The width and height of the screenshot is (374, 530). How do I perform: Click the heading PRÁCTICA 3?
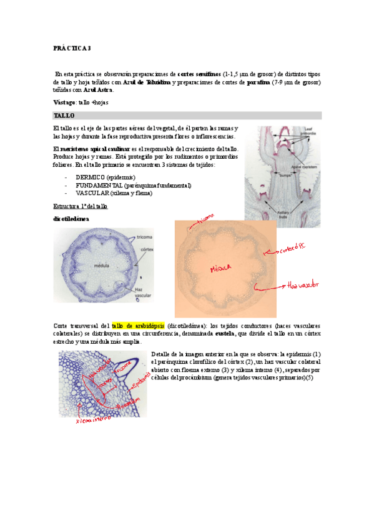[x=72, y=48]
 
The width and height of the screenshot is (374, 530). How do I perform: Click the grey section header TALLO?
[x=64, y=116]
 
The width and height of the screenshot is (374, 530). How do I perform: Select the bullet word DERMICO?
[x=91, y=178]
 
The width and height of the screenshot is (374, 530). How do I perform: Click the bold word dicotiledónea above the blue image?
[x=71, y=219]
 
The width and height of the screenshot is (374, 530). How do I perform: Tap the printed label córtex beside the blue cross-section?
[x=146, y=248]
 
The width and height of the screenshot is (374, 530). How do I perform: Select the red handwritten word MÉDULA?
[x=221, y=269]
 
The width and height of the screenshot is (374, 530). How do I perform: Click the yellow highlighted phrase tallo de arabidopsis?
[x=138, y=326]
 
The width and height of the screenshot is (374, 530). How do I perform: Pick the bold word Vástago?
[x=64, y=102]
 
